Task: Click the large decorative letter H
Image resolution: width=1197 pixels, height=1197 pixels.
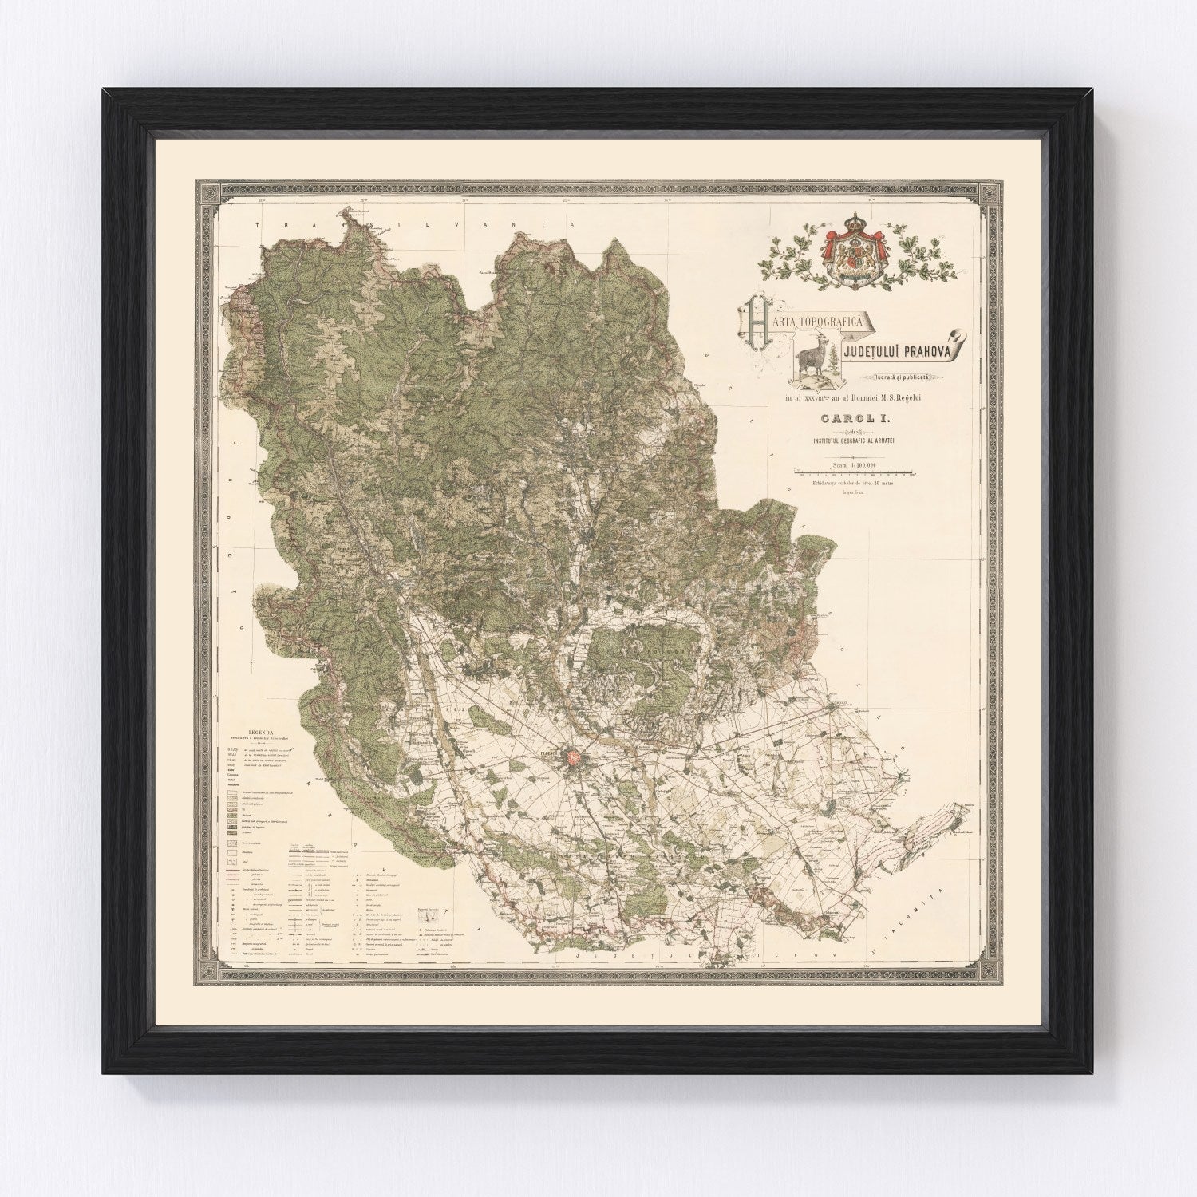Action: click(x=755, y=325)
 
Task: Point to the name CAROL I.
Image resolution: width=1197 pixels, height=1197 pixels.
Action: click(x=849, y=415)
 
